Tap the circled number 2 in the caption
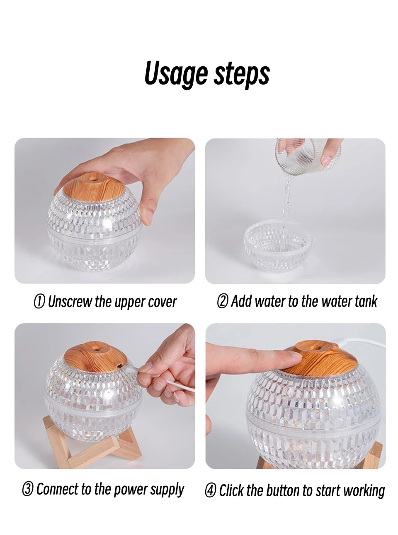(x=222, y=302)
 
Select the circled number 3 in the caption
(x=28, y=490)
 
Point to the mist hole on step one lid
(x=91, y=179)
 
